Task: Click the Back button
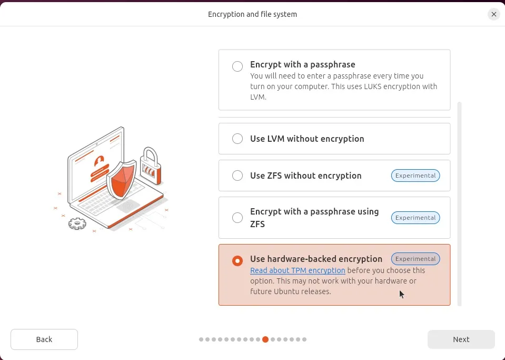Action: click(x=44, y=339)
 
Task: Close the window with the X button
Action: click(x=493, y=14)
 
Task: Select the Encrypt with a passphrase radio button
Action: click(x=237, y=66)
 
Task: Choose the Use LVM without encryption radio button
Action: click(x=237, y=139)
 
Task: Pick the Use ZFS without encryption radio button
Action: click(x=237, y=176)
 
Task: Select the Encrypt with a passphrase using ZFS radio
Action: click(x=237, y=218)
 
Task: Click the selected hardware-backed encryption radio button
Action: click(x=237, y=260)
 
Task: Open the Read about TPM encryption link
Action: click(x=298, y=270)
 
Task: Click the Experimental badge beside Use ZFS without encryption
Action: click(x=415, y=176)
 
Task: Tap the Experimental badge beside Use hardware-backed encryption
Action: click(x=415, y=259)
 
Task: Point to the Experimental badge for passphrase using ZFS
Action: click(x=415, y=218)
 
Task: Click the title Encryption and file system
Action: click(x=252, y=14)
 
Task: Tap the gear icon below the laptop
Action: click(x=77, y=223)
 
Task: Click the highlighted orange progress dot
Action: click(x=265, y=339)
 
